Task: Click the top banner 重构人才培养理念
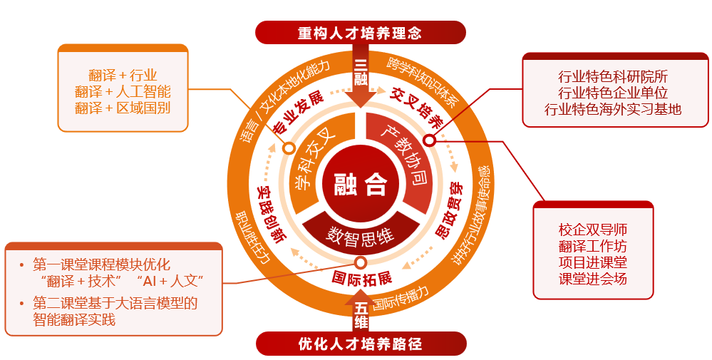point(360,33)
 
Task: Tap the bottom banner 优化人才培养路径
point(360,344)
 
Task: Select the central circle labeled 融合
point(361,185)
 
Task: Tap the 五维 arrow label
point(361,314)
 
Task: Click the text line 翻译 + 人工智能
point(123,91)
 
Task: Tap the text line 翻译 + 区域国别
point(123,108)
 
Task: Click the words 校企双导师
point(593,230)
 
